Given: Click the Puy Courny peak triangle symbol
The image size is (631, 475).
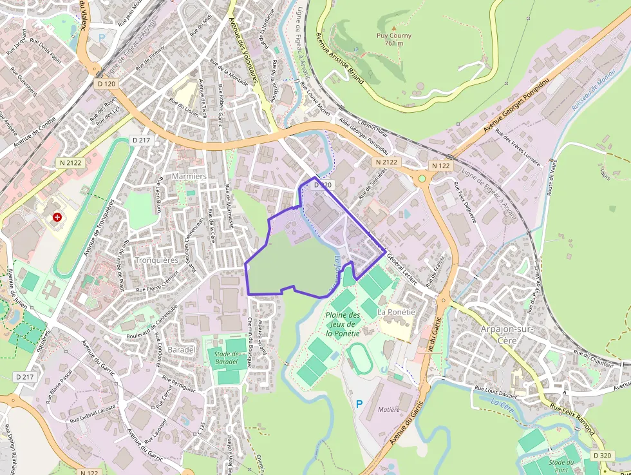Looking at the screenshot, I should click(394, 28).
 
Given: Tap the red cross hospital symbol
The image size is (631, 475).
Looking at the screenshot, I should click(58, 218).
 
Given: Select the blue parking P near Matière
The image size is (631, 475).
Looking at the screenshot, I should click(359, 404).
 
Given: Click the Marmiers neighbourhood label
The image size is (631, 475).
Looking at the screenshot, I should click(189, 176).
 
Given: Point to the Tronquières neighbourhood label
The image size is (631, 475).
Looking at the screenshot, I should click(156, 260).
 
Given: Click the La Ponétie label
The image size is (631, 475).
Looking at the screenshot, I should click(395, 312).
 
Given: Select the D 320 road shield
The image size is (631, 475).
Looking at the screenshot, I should click(603, 455).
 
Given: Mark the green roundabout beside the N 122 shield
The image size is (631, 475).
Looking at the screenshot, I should click(422, 178).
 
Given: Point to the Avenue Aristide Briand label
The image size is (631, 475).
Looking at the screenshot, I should click(341, 59).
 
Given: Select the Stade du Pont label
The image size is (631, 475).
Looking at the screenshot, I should click(561, 466).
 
